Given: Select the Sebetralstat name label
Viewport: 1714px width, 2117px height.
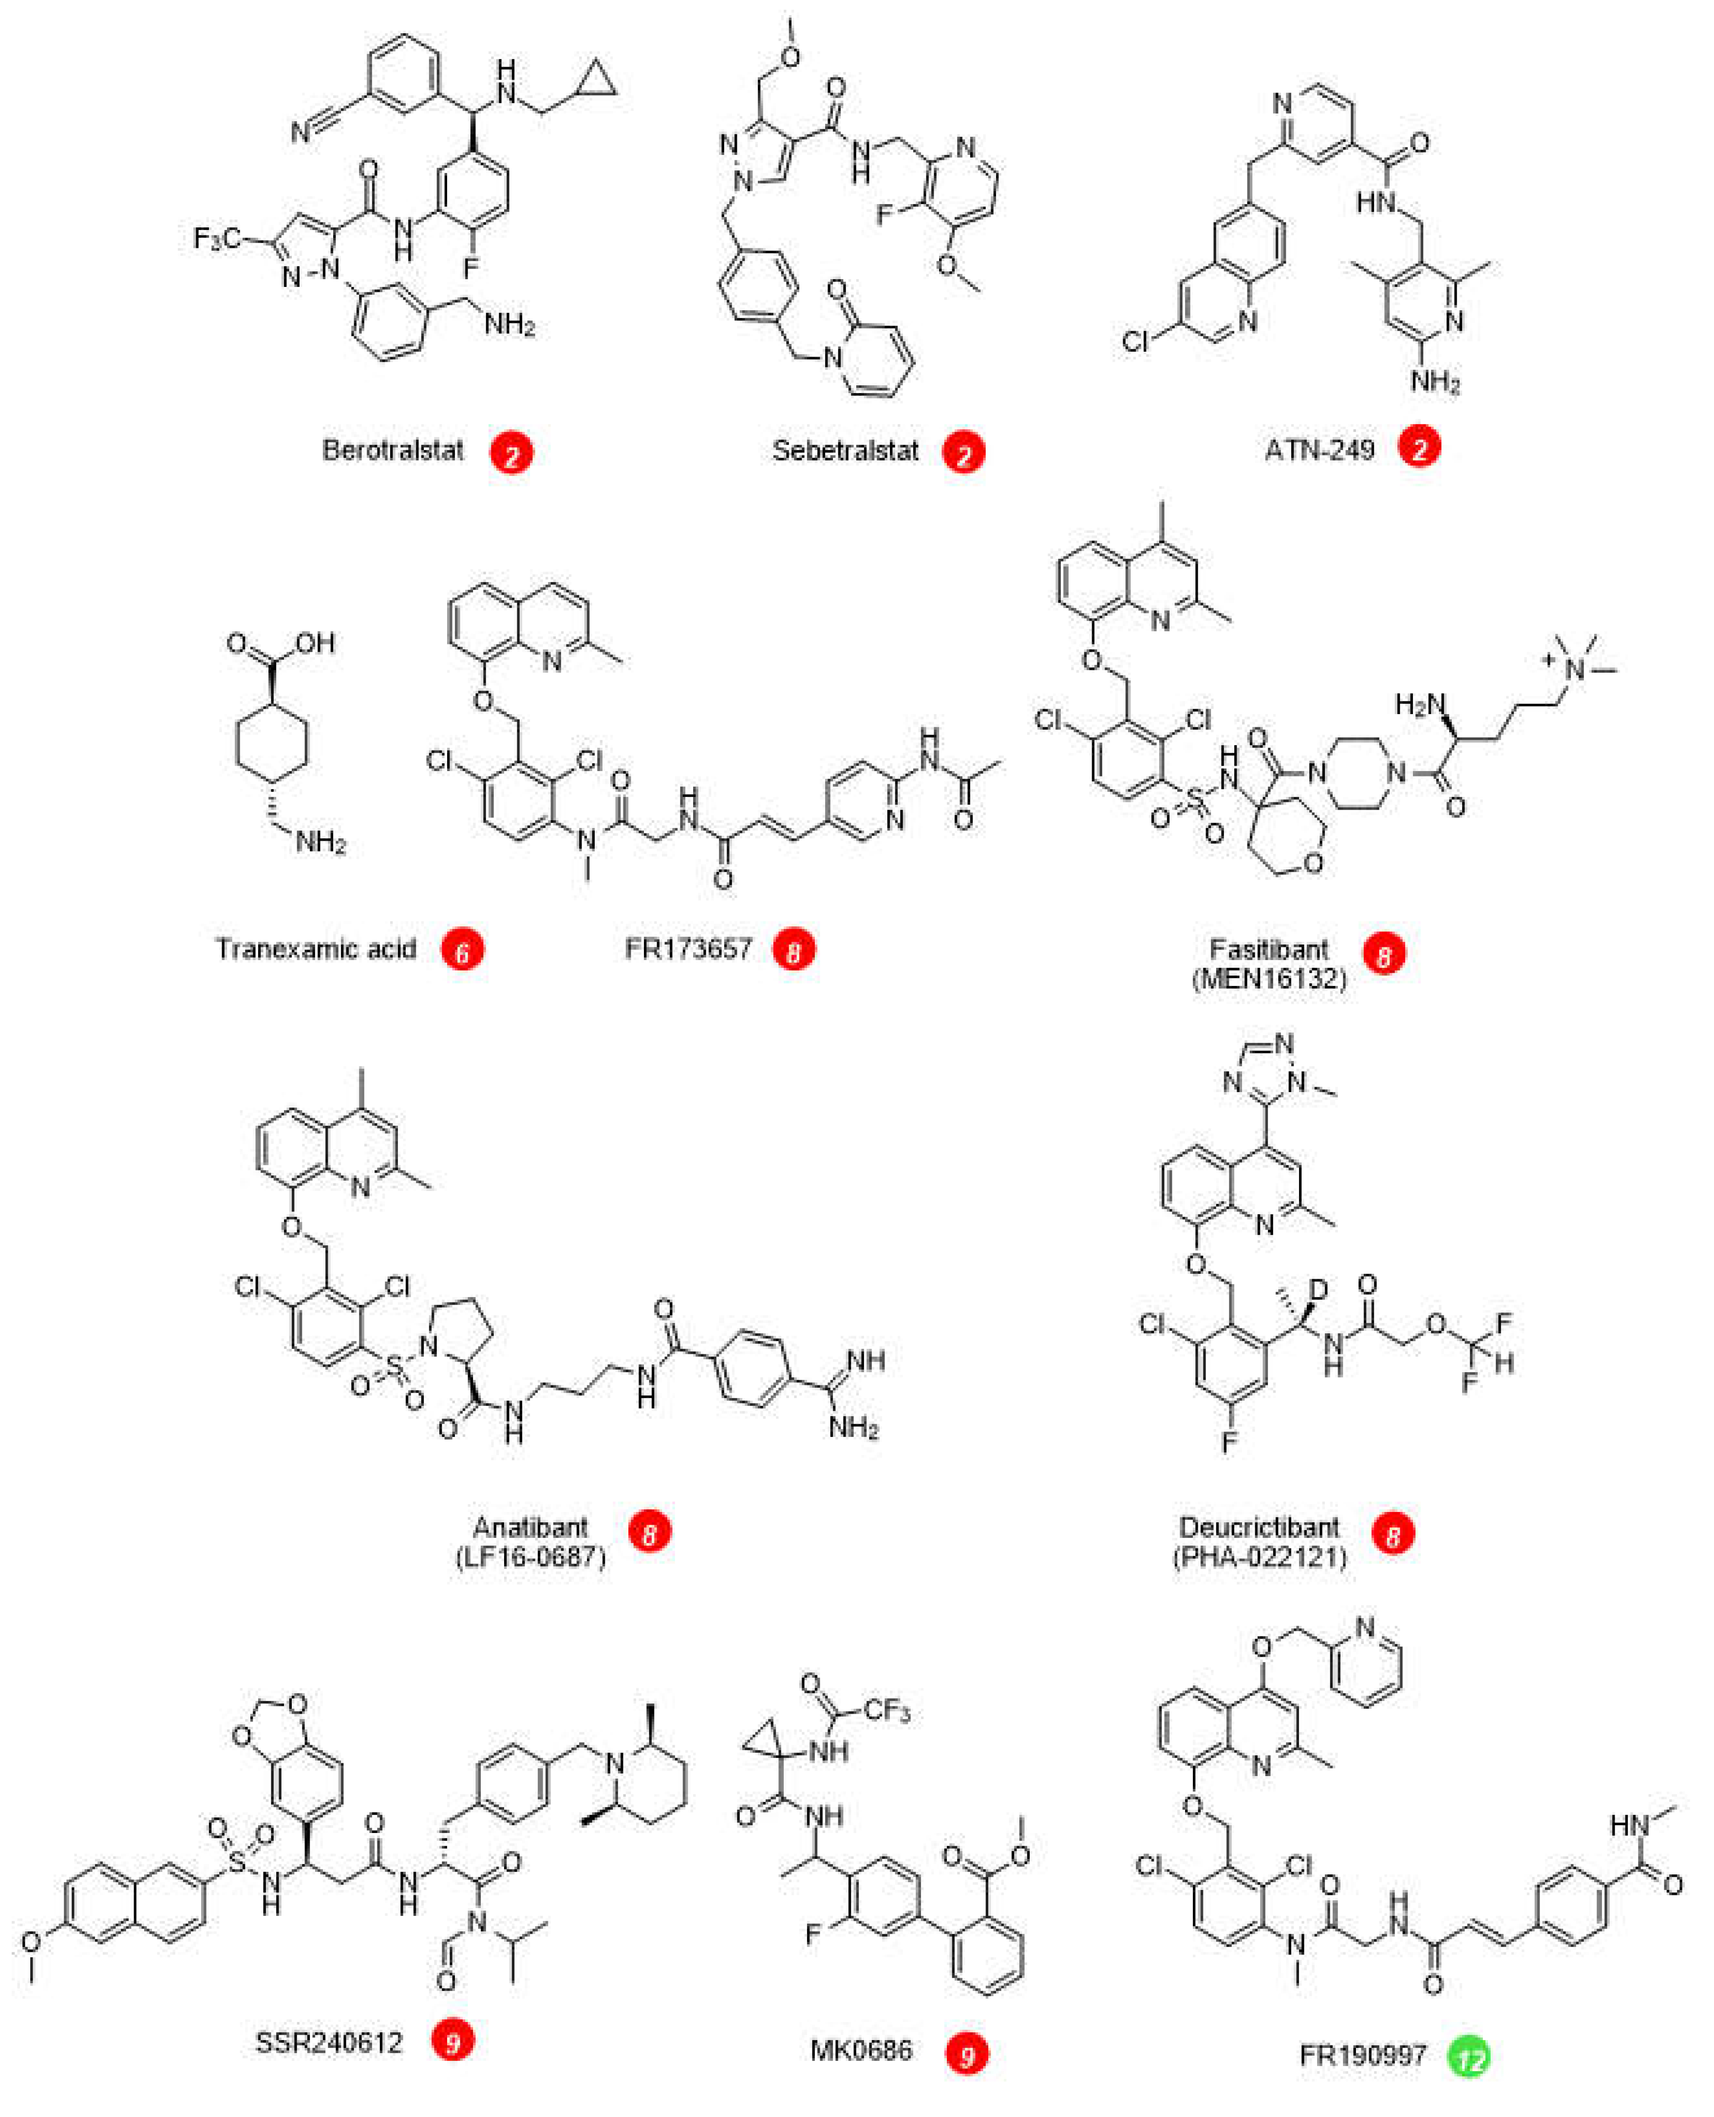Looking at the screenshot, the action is tap(845, 451).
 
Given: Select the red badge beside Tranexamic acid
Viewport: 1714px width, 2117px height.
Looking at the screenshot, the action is tap(462, 950).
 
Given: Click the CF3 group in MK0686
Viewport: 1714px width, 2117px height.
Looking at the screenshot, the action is tap(885, 1710).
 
